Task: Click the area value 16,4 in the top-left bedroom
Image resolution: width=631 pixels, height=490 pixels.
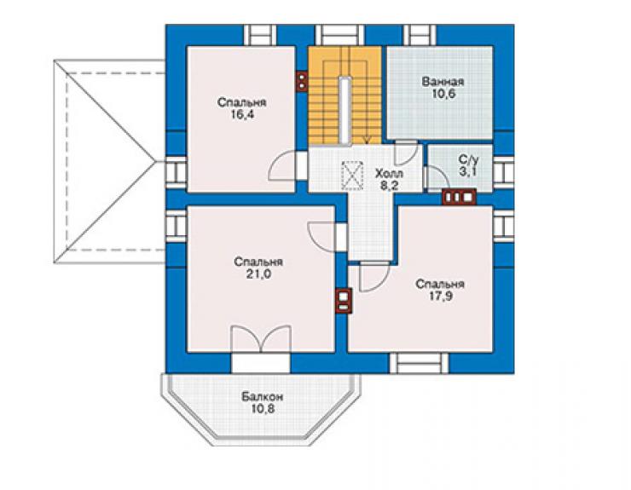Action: click(x=242, y=115)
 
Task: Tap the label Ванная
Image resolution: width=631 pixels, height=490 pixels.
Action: click(x=443, y=82)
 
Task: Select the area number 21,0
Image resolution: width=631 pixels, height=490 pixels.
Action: click(x=258, y=274)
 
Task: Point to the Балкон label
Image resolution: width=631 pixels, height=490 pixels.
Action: click(x=263, y=397)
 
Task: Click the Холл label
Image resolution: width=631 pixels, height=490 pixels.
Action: click(x=389, y=174)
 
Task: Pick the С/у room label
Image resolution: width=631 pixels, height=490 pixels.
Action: click(x=469, y=159)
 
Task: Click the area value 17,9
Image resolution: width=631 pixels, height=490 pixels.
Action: click(x=440, y=297)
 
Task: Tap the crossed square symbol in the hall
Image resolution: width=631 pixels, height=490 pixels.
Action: click(x=352, y=176)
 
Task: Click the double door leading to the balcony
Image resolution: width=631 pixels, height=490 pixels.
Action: click(x=261, y=339)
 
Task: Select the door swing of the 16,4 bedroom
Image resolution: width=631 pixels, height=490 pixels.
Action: click(x=282, y=165)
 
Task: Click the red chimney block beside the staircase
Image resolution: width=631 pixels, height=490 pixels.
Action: click(x=302, y=81)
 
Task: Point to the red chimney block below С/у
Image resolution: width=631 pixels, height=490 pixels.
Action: click(x=459, y=197)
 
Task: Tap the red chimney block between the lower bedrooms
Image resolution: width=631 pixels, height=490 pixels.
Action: click(x=344, y=301)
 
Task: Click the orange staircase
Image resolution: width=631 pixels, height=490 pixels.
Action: click(x=344, y=95)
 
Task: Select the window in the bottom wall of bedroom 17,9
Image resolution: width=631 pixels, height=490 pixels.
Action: click(x=420, y=363)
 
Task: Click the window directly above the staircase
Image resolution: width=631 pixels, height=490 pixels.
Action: click(x=340, y=35)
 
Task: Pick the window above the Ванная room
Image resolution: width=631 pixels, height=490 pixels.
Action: click(x=420, y=35)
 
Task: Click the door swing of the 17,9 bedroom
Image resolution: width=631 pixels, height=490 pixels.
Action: click(x=374, y=277)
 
